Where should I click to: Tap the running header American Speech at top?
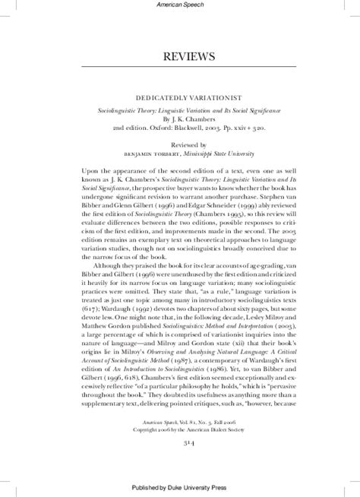(180, 6)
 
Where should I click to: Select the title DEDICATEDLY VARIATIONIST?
(180, 97)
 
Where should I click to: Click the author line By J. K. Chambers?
(180, 120)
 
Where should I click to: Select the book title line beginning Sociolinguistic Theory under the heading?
(180, 110)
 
